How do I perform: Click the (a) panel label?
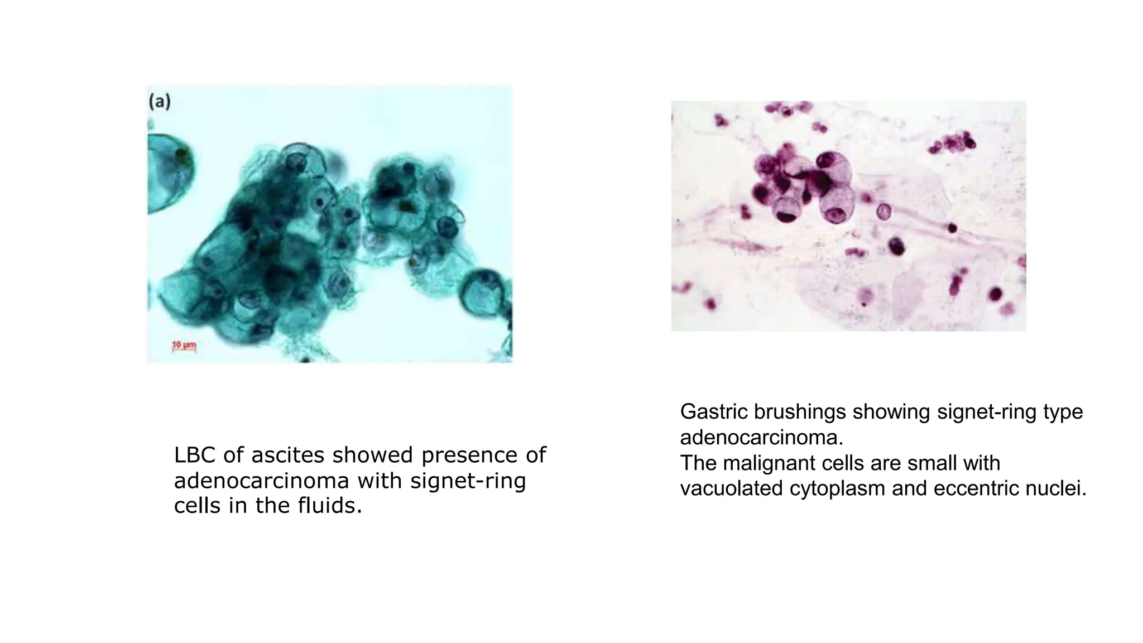point(160,102)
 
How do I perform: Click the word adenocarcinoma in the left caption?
point(262,481)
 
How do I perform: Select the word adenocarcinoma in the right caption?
point(761,438)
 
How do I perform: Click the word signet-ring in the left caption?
point(468,481)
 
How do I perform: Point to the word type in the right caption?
point(1063,412)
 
